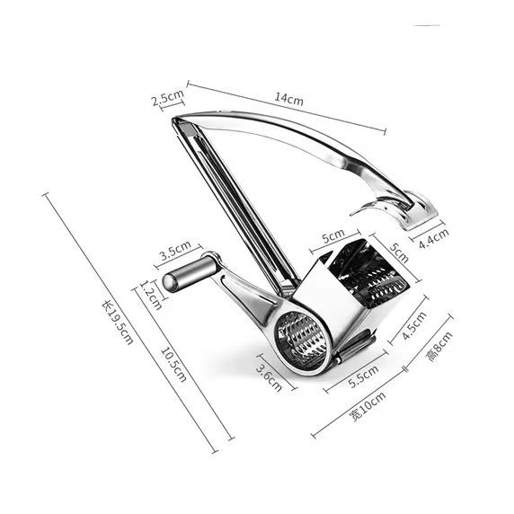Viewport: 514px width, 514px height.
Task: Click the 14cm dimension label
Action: (288, 98)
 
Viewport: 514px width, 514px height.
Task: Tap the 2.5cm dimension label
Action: (168, 97)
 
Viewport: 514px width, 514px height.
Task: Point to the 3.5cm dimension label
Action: (175, 250)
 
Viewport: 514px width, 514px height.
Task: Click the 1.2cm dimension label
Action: (151, 295)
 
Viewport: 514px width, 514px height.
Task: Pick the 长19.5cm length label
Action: (118, 323)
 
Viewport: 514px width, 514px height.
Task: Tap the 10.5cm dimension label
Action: (173, 365)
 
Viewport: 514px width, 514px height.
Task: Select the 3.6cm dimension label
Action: (269, 378)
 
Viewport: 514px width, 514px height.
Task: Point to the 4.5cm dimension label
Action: (414, 325)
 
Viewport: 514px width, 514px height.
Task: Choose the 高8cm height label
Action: (439, 346)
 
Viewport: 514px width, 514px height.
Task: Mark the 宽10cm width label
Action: (368, 406)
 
